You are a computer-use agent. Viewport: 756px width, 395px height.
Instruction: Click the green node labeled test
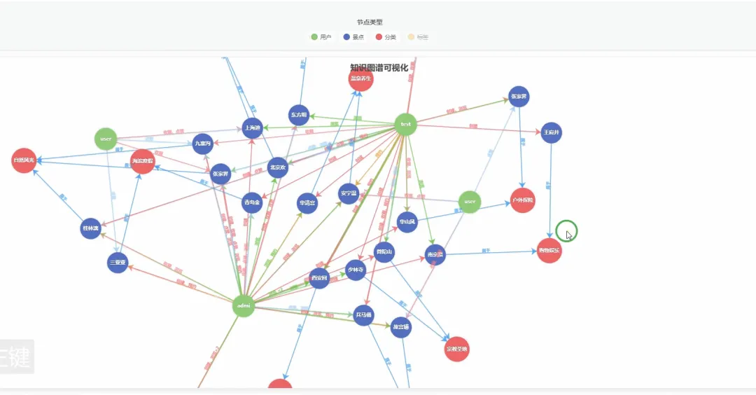pos(405,125)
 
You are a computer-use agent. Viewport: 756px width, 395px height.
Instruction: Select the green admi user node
pos(243,305)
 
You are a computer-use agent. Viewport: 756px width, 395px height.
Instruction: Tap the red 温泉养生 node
pos(361,79)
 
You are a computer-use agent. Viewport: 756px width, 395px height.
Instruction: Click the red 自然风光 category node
pos(24,160)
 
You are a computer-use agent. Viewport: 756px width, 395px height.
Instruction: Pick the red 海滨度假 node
pos(142,161)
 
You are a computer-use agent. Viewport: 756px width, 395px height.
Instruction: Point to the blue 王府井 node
pos(552,132)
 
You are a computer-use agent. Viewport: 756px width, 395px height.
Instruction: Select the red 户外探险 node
pos(522,200)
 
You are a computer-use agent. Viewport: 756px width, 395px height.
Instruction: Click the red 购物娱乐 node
pos(549,251)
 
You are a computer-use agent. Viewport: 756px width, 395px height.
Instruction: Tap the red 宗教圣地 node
pos(457,349)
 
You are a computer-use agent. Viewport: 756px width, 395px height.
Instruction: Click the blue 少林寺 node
pos(356,270)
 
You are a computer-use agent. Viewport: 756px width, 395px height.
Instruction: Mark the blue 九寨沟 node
pos(203,144)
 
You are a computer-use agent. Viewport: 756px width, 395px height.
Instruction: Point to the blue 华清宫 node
pos(307,203)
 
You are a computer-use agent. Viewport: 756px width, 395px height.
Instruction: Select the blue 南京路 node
pos(435,255)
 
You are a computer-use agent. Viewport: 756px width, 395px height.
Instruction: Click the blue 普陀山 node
pos(384,252)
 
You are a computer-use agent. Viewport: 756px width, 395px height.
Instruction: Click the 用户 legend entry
pos(322,36)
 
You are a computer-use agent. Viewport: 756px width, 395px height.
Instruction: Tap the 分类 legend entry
pos(386,36)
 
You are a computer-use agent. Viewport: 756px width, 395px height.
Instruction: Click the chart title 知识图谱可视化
pos(379,68)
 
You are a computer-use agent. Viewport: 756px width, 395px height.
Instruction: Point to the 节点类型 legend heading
pos(370,22)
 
